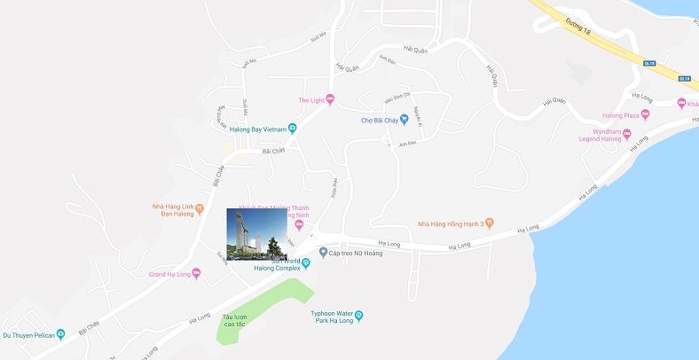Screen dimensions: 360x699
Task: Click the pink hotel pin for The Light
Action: [331, 99]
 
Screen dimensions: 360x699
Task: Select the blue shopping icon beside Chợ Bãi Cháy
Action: [403, 120]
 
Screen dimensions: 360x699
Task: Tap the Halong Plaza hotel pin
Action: [645, 114]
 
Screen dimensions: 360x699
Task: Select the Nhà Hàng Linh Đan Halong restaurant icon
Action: [200, 209]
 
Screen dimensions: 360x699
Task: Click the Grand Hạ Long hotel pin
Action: [196, 273]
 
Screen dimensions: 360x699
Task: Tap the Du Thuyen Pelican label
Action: [27, 334]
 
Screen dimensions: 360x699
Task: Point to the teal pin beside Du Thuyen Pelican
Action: [60, 334]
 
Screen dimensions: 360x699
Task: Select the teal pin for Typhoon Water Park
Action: [359, 315]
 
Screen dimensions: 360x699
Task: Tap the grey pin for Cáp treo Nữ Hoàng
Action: [323, 252]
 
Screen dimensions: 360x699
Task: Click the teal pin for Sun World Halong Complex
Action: [305, 262]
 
